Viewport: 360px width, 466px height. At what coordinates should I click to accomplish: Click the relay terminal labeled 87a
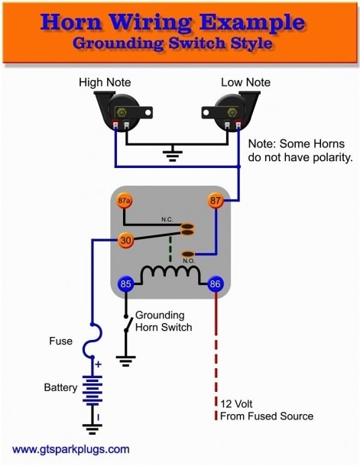[x=125, y=202]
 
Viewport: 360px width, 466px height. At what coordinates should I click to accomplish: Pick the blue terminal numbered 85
[x=125, y=284]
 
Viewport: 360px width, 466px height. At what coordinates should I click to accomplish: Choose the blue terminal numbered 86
[x=215, y=284]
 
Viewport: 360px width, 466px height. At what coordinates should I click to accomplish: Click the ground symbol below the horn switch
[x=125, y=359]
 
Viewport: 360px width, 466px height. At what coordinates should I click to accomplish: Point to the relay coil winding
[x=170, y=273]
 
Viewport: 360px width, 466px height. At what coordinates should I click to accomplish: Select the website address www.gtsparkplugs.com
[x=71, y=449]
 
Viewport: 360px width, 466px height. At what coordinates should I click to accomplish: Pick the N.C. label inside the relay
[x=167, y=219]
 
